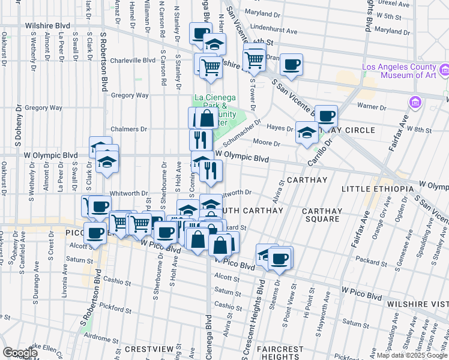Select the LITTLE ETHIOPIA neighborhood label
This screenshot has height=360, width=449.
click(377, 189)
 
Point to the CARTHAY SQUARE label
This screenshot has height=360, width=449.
click(322, 215)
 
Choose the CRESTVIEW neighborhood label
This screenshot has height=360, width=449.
click(149, 349)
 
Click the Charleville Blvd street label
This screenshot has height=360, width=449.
click(133, 60)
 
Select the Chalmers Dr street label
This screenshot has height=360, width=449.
click(129, 129)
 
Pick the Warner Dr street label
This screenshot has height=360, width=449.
click(370, 106)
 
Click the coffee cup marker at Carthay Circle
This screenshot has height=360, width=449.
click(326, 115)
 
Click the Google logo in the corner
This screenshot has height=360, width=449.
click(20, 353)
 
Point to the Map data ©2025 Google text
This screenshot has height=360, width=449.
click(412, 355)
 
